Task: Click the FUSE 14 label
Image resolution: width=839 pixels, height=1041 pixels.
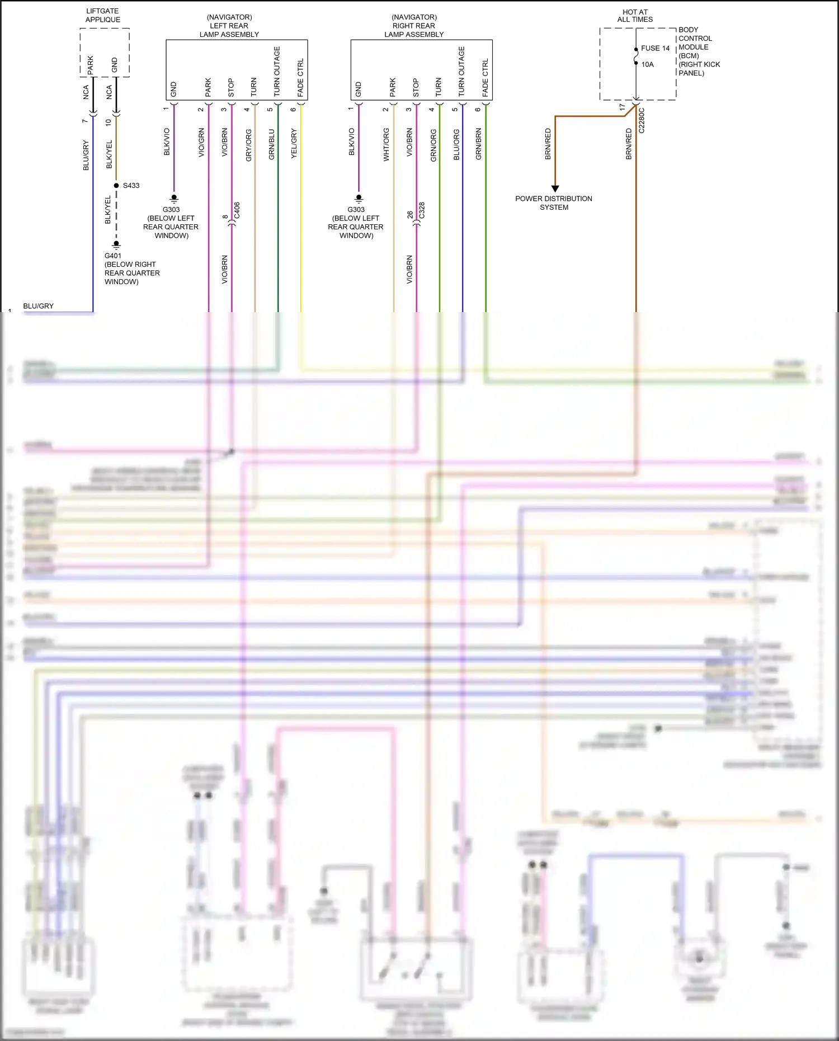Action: [655, 48]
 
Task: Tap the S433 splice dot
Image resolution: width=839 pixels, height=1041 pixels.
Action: [116, 185]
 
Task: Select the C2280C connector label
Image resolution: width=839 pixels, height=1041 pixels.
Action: [642, 120]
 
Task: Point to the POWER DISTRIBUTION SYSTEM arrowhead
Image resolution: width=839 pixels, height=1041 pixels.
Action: [555, 189]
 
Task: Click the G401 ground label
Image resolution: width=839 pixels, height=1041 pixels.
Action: [113, 256]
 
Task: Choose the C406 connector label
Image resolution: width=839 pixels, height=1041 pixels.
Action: [237, 210]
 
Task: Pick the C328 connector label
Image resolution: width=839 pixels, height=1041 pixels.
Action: [422, 210]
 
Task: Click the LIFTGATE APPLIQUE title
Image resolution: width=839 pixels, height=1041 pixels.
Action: [102, 15]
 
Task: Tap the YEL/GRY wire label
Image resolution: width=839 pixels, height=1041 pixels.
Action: [294, 143]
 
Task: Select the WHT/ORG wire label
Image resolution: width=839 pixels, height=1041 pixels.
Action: [386, 144]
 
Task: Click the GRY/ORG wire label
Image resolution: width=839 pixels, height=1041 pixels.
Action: [249, 145]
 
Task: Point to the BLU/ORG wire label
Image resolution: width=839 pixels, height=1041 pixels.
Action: [456, 145]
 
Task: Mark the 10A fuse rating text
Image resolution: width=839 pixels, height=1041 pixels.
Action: [647, 64]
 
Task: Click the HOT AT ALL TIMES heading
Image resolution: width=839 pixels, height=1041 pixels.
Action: [635, 16]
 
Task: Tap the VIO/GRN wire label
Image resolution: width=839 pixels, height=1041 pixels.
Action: [202, 143]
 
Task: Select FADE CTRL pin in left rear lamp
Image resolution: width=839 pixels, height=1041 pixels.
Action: [300, 77]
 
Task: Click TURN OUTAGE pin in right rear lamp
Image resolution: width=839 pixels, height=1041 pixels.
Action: [461, 71]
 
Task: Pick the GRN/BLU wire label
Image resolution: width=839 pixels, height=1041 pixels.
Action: [272, 144]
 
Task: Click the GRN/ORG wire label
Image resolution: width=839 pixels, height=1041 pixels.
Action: [433, 145]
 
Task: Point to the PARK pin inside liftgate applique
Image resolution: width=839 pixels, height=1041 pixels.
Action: [91, 65]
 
